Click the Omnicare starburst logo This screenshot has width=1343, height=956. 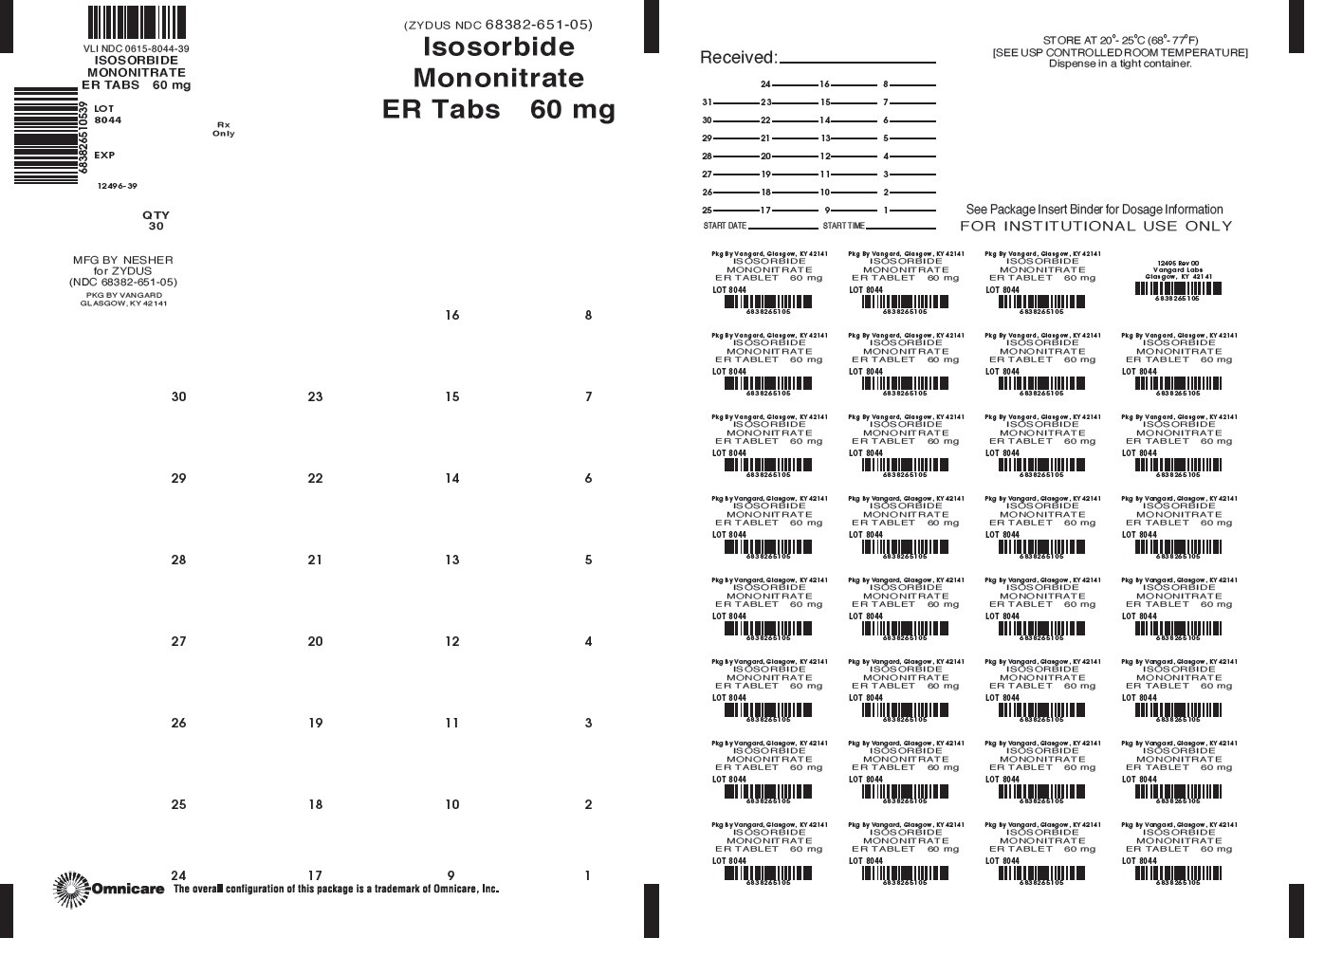click(x=71, y=889)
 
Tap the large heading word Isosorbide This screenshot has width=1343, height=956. click(x=498, y=46)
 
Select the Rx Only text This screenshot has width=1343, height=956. click(x=224, y=129)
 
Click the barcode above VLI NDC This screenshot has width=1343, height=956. click(x=138, y=22)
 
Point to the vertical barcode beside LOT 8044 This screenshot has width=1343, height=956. click(x=46, y=136)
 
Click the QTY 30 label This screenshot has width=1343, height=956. click(x=156, y=220)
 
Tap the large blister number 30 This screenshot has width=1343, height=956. click(x=178, y=396)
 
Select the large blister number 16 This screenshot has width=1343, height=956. click(x=451, y=315)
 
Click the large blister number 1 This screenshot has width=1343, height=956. click(x=588, y=875)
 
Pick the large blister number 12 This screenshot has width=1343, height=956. click(x=451, y=641)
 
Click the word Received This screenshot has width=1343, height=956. click(x=738, y=58)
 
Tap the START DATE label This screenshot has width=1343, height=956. click(x=725, y=226)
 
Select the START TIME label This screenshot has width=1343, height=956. click(x=844, y=226)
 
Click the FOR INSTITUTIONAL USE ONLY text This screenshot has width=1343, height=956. click(x=1095, y=226)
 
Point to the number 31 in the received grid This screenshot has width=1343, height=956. click(x=707, y=102)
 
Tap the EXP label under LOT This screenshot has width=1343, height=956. click(x=104, y=155)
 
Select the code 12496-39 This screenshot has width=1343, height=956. click(x=118, y=186)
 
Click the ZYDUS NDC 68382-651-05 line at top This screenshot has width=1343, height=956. click(x=498, y=25)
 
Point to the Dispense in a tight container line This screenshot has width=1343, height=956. click(x=1119, y=64)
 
